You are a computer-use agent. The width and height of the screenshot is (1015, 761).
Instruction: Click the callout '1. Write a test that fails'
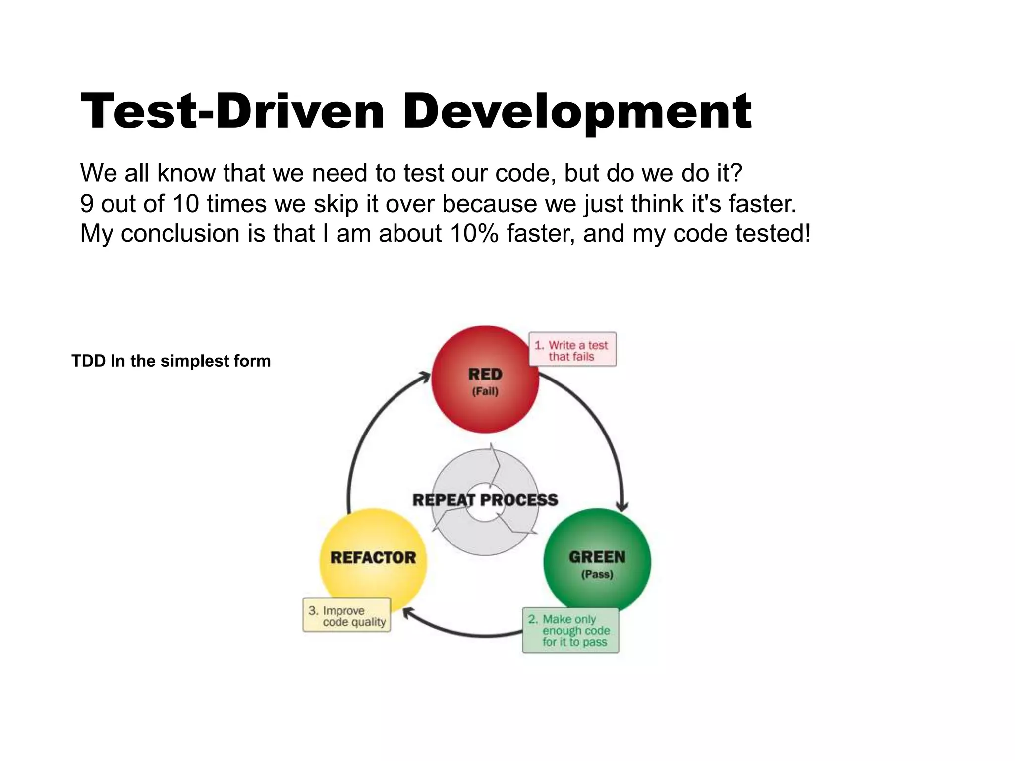tap(572, 350)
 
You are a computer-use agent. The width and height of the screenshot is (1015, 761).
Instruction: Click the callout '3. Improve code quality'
tap(346, 615)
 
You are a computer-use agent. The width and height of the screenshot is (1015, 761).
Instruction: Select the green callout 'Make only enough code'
tap(570, 630)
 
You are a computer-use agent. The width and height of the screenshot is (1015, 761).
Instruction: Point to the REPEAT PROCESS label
tap(485, 500)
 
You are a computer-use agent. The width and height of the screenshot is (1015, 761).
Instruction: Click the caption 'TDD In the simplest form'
tap(171, 361)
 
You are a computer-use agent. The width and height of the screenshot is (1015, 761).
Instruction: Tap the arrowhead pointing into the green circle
tap(622, 506)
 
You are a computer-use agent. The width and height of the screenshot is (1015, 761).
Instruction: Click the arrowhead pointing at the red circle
tap(424, 377)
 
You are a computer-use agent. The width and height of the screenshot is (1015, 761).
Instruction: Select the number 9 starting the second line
tap(87, 204)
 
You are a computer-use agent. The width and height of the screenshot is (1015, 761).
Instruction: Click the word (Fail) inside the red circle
tap(485, 391)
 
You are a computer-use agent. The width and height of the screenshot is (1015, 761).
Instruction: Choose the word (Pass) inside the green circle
tap(597, 574)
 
